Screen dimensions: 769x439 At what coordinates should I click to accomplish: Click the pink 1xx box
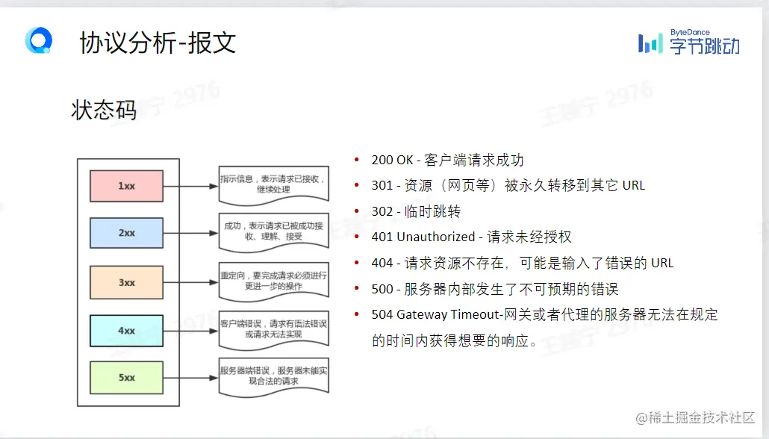tap(126, 186)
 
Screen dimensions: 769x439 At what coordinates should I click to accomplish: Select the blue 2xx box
tap(126, 233)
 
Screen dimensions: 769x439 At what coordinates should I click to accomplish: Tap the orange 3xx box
tap(126, 282)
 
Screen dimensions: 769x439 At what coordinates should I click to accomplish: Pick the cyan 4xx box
tap(126, 331)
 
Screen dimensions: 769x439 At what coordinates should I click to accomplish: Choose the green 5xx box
tap(126, 378)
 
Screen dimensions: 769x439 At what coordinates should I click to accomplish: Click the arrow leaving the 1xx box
tap(190, 186)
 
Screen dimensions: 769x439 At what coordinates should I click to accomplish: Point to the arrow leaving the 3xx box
tap(190, 282)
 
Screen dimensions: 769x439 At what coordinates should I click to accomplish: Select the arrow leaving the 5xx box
tap(190, 378)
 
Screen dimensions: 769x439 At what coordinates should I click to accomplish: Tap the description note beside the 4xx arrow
tap(273, 329)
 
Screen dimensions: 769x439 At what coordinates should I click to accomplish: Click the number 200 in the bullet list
tap(382, 161)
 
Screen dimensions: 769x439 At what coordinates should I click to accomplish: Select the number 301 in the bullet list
tap(382, 186)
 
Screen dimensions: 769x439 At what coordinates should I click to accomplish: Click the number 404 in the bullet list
tap(382, 263)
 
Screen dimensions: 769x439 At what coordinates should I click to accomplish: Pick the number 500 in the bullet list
tap(382, 289)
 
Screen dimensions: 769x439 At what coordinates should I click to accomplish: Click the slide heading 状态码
tap(104, 110)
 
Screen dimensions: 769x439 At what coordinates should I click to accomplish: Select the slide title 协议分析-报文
tap(158, 43)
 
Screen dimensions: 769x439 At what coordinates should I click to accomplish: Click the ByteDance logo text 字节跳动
tap(704, 47)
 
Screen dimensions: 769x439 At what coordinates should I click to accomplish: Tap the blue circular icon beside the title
tap(38, 40)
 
